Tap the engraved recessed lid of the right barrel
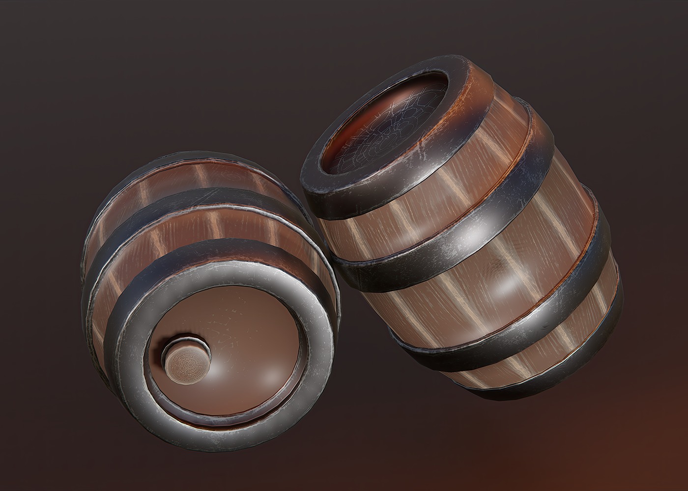point(388,128)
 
